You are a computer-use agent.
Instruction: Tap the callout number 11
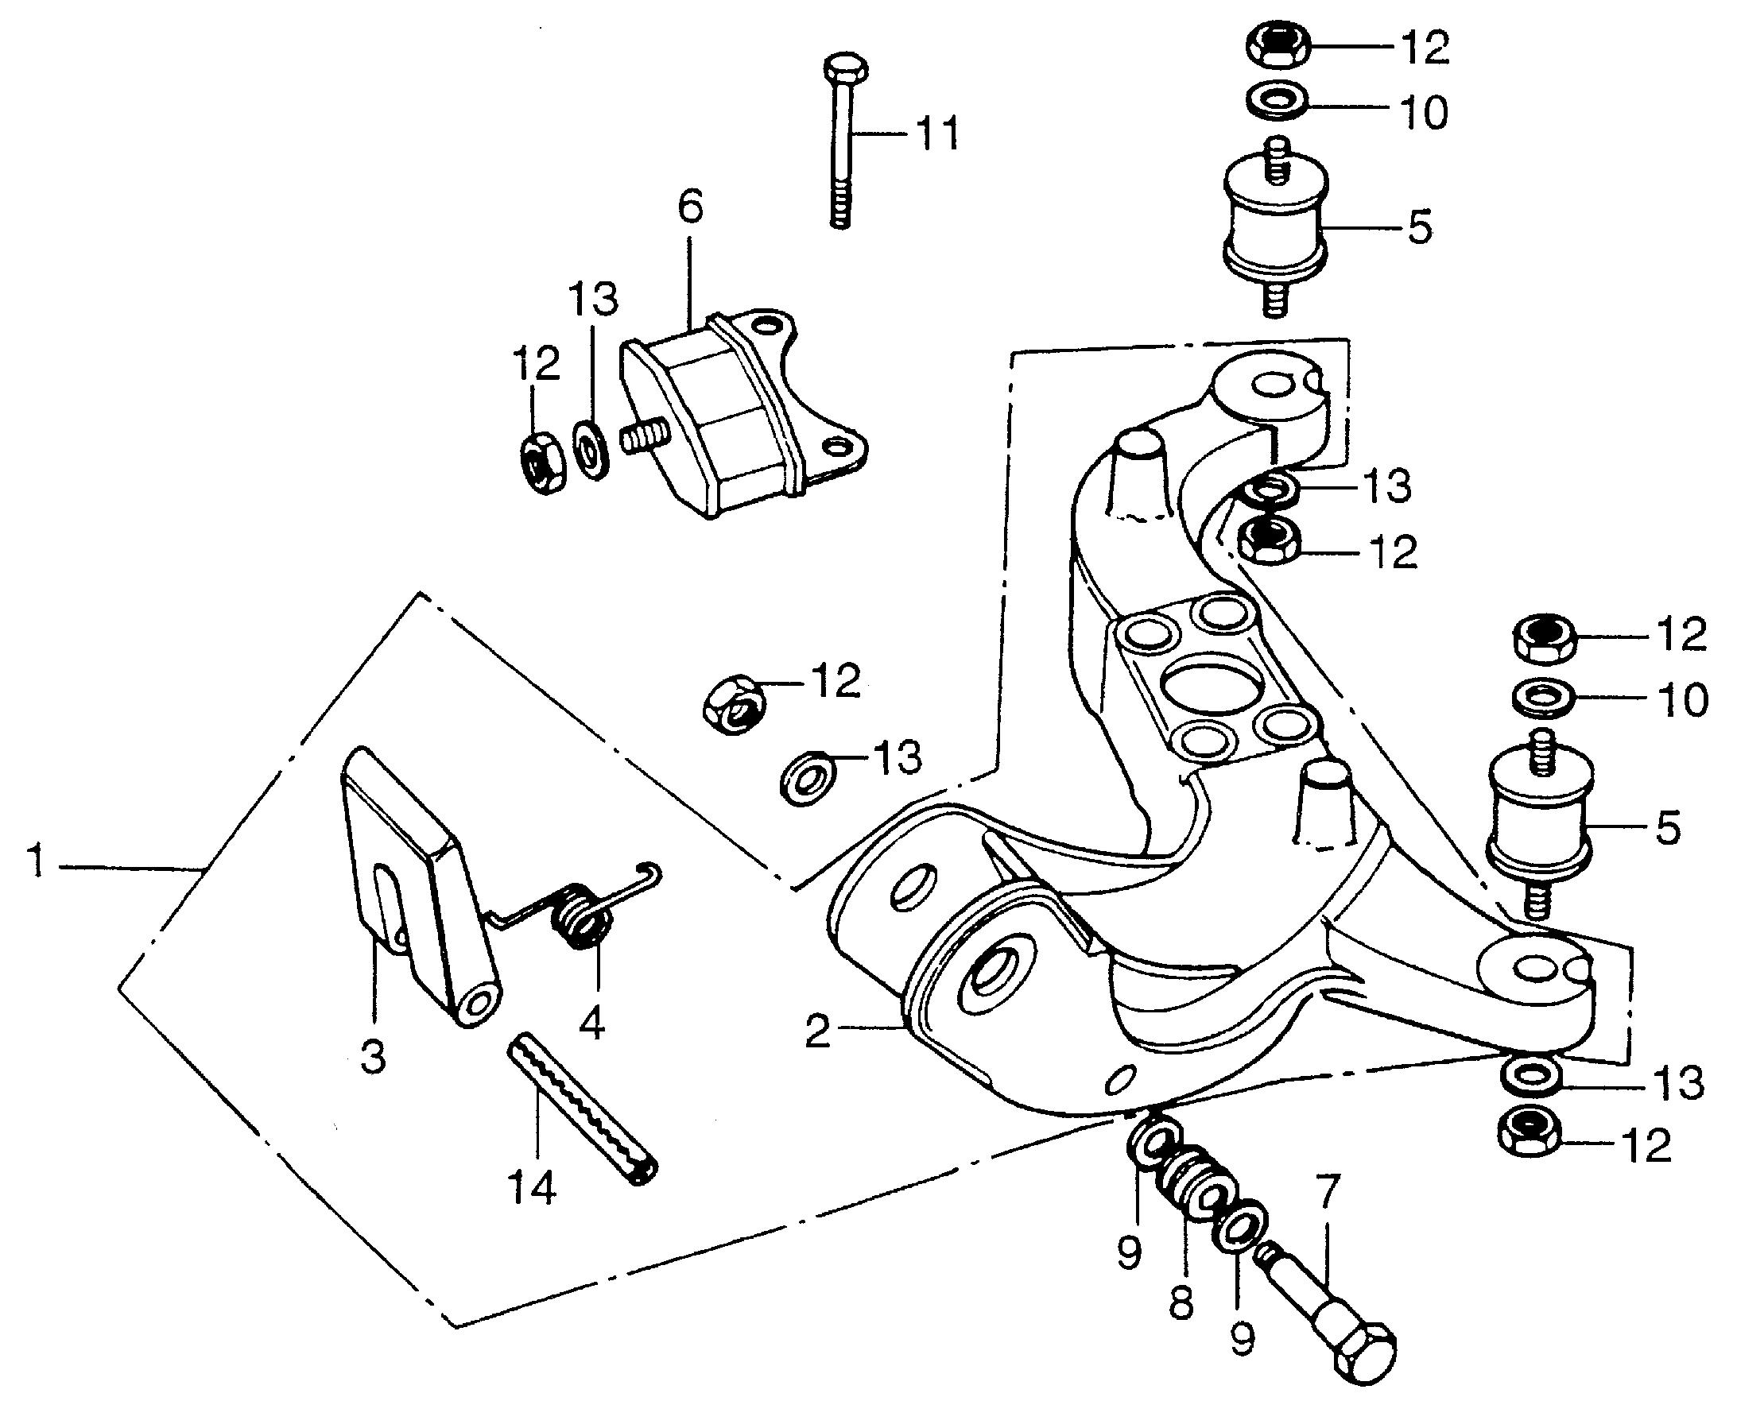pyautogui.click(x=936, y=134)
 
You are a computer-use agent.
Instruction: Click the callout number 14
pyautogui.click(x=533, y=1188)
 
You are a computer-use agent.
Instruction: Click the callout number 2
pyautogui.click(x=817, y=1031)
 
